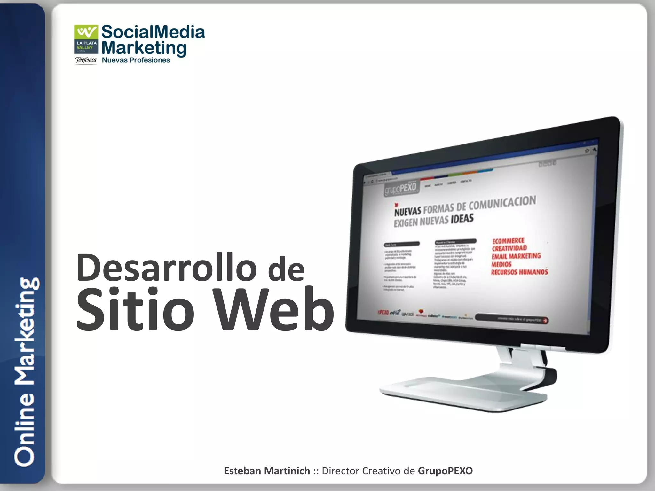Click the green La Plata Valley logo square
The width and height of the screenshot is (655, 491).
[x=86, y=39]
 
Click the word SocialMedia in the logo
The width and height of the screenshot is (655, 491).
[x=153, y=32]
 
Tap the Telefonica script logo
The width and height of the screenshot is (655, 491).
[x=86, y=60]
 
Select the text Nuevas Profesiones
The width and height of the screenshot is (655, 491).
[x=136, y=60]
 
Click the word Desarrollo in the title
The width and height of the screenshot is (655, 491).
[x=166, y=267]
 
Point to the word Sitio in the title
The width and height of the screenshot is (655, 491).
[x=135, y=309]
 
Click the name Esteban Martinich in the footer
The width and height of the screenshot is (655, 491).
[x=267, y=471]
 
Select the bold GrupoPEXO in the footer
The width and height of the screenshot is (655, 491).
[x=445, y=471]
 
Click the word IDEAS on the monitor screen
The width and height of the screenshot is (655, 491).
[x=462, y=219]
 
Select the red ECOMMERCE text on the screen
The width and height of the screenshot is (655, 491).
[x=508, y=241]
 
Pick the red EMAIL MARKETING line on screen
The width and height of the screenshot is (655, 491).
[x=516, y=256]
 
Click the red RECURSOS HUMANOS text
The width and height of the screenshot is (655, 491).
[x=519, y=272]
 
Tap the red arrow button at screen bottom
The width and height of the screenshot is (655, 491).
[x=545, y=320]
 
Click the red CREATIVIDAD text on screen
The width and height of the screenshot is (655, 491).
[x=509, y=248]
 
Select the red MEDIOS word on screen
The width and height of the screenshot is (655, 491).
[x=501, y=264]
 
